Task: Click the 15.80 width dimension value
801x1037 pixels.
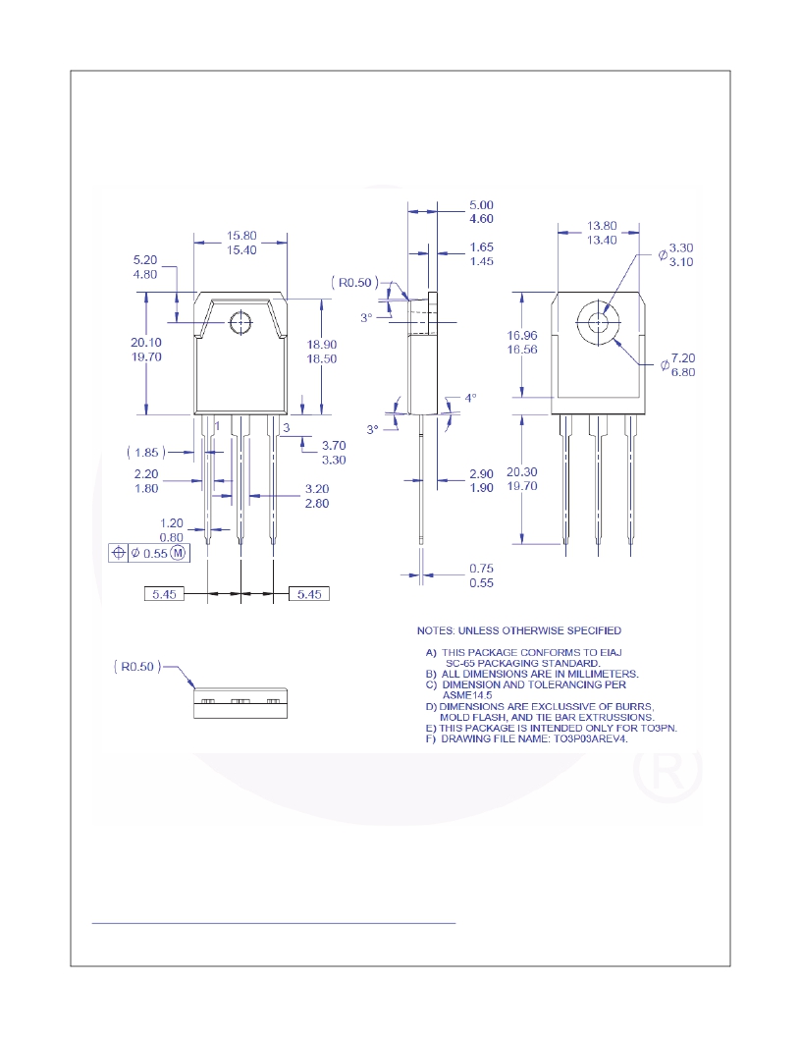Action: tap(241, 236)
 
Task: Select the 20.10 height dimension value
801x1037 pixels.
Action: tap(146, 342)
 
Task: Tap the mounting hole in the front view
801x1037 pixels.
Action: tap(240, 323)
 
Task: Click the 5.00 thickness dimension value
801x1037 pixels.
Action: tap(481, 205)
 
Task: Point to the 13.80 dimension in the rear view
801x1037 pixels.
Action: tap(602, 226)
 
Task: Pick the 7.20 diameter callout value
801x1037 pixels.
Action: tap(682, 357)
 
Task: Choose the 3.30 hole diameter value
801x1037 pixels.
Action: tap(680, 248)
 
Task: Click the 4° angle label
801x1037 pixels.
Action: tap(470, 398)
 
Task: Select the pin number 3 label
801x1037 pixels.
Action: tap(287, 428)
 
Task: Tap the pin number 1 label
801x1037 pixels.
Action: tap(217, 427)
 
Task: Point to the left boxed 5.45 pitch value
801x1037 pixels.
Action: tap(164, 594)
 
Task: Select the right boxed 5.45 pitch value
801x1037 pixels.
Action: tap(308, 594)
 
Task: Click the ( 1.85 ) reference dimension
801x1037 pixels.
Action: tap(146, 453)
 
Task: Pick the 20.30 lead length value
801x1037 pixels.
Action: tap(521, 471)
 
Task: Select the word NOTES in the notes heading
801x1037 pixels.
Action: tap(435, 630)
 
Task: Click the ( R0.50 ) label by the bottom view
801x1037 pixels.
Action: tap(137, 667)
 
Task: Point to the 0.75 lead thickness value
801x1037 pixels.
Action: tap(481, 569)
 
